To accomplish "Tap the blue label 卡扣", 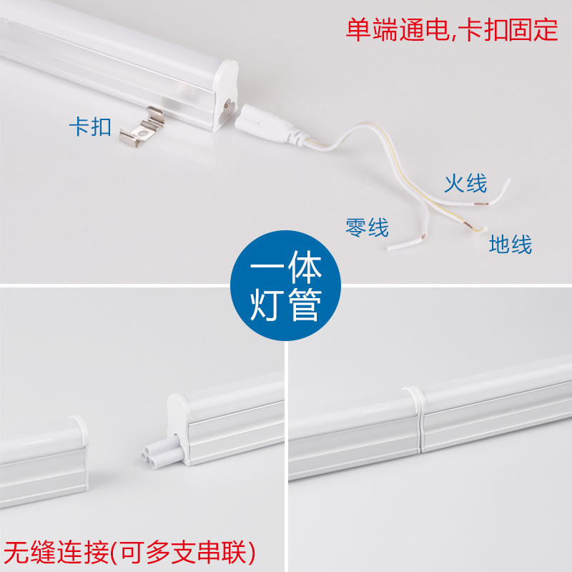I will click(90, 127).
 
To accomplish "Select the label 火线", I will click(465, 183).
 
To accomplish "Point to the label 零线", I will click(367, 228).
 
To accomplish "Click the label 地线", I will click(511, 245).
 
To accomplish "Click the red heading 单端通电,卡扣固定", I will click(451, 31).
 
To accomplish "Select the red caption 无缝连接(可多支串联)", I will click(129, 552).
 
